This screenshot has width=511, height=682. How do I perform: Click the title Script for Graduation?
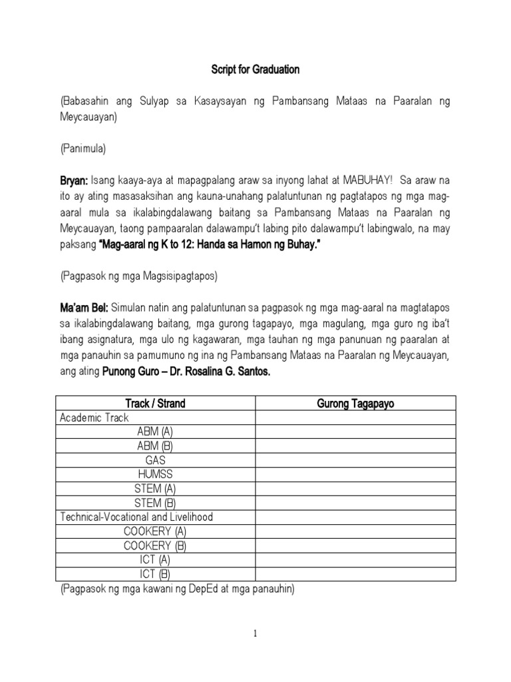(255, 69)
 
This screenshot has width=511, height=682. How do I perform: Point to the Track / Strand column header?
(155, 403)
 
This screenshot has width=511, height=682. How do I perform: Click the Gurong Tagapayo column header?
(356, 403)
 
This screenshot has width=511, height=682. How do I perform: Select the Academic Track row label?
(94, 418)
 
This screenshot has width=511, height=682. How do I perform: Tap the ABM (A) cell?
(155, 432)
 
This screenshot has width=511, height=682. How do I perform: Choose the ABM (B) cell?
(155, 446)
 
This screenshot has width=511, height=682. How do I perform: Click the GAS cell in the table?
(155, 460)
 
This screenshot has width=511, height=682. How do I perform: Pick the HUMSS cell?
(155, 474)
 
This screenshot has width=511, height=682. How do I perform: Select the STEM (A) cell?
(155, 488)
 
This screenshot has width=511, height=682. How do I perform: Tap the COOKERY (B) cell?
(155, 545)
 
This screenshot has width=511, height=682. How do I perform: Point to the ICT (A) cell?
(155, 559)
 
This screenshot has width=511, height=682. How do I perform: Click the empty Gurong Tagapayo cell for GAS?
(356, 460)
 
